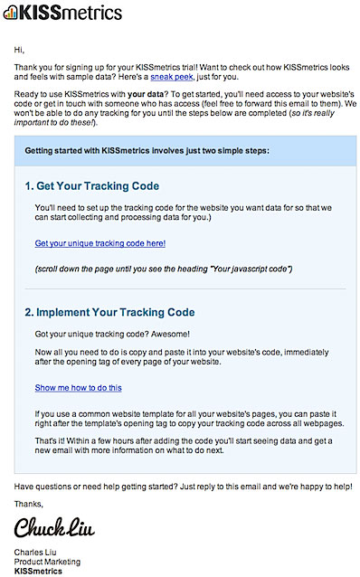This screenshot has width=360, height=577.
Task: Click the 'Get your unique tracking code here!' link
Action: [99, 243]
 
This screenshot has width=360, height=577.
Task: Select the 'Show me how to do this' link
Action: [78, 387]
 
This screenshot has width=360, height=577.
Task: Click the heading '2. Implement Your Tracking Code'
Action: [110, 312]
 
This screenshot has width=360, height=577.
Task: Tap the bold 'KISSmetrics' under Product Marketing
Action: [39, 572]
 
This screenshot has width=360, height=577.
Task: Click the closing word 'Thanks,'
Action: [29, 504]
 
